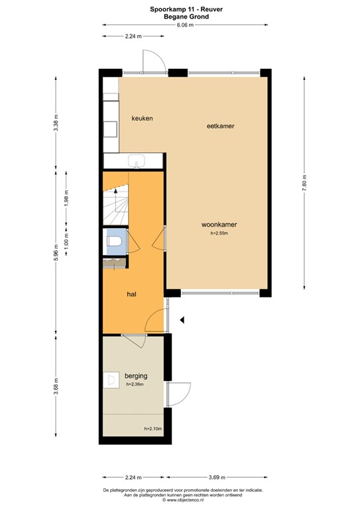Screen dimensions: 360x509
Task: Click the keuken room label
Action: pyautogui.click(x=142, y=119)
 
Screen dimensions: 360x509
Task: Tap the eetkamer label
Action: pyautogui.click(x=220, y=126)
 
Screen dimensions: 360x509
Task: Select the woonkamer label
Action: pyautogui.click(x=219, y=224)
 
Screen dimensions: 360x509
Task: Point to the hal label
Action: pyautogui.click(x=131, y=294)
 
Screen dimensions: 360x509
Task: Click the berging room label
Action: pyautogui.click(x=136, y=376)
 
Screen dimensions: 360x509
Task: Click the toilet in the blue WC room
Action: pyautogui.click(x=114, y=241)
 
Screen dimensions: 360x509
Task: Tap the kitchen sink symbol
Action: pyautogui.click(x=137, y=161)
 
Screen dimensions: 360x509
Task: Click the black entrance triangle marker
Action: pyautogui.click(x=182, y=319)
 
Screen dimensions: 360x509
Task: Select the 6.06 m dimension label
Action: pyautogui.click(x=185, y=25)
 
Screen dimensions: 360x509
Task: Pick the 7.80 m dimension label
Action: pyautogui.click(x=304, y=184)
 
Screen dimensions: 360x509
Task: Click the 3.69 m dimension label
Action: pyautogui.click(x=217, y=477)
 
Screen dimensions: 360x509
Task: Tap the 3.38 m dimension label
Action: pyautogui.click(x=56, y=123)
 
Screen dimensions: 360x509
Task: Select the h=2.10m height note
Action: pyautogui.click(x=153, y=429)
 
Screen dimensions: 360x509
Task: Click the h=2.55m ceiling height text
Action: pyautogui.click(x=219, y=233)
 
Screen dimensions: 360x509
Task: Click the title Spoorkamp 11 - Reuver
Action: pyautogui.click(x=186, y=9)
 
